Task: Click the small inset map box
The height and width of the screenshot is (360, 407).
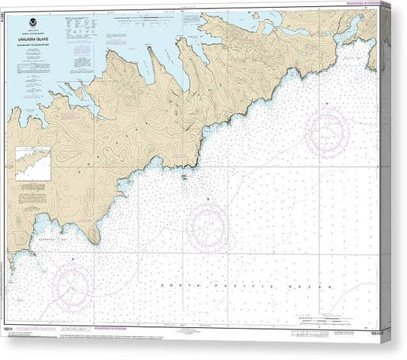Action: pyautogui.click(x=33, y=164)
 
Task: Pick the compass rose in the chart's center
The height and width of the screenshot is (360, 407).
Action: pyautogui.click(x=207, y=227)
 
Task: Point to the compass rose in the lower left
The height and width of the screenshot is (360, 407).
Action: pyautogui.click(x=73, y=288)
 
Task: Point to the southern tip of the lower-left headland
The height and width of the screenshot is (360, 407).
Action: pyautogui.click(x=96, y=243)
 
